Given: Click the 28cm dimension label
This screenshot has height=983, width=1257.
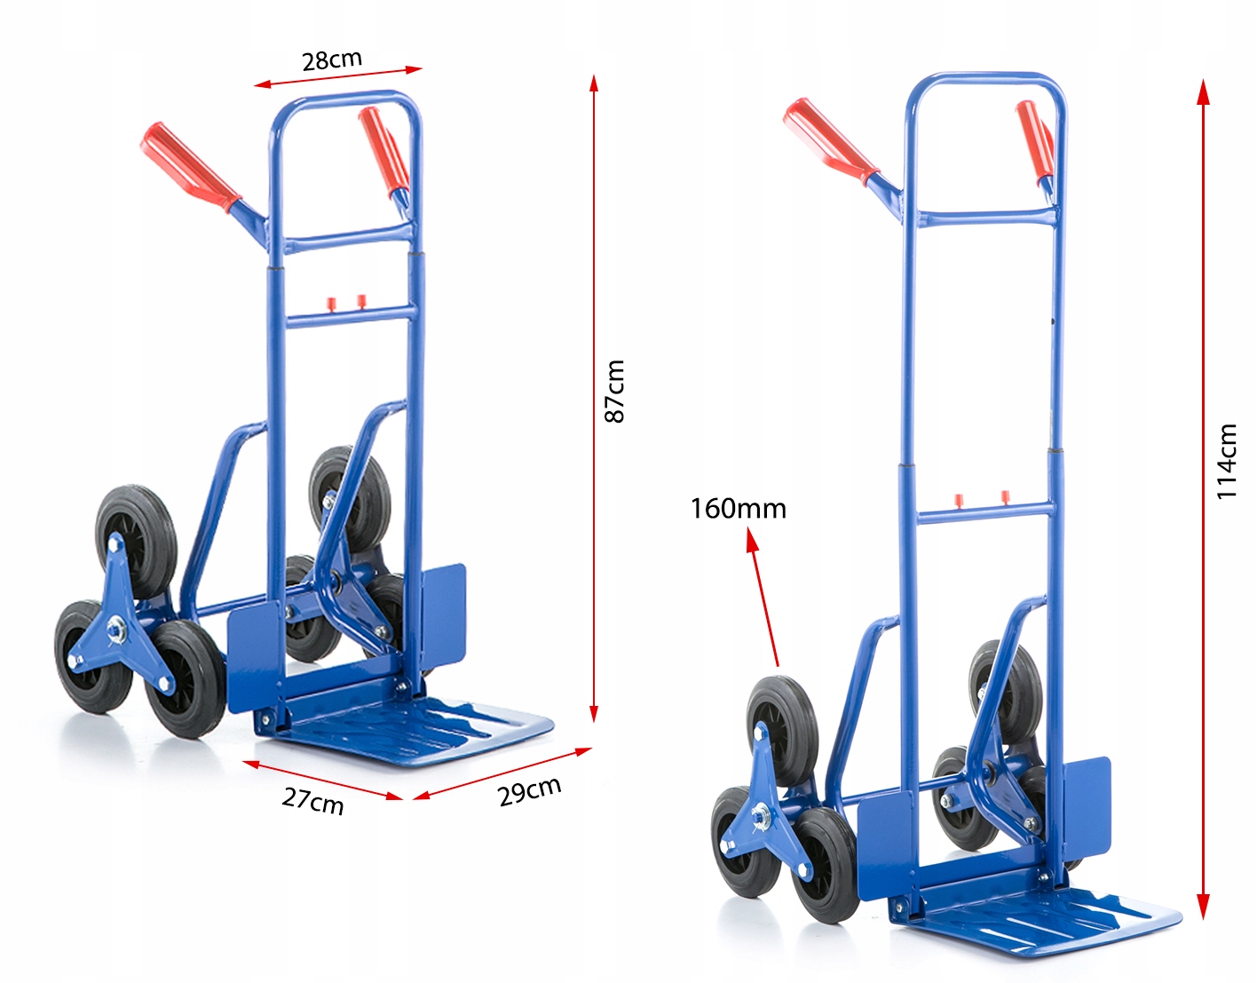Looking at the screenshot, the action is coord(332,59).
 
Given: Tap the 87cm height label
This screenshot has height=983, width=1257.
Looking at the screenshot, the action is coord(615,391).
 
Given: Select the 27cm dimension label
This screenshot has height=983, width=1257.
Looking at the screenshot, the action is coord(313,801).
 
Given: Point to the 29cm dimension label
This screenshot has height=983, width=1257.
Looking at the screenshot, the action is coord(530,791).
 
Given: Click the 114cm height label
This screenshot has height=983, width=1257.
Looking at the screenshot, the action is coord(1226,461).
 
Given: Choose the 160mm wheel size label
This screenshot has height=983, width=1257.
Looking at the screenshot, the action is coord(739,509).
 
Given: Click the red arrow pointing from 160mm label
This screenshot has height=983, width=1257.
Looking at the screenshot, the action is coord(763,597).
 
